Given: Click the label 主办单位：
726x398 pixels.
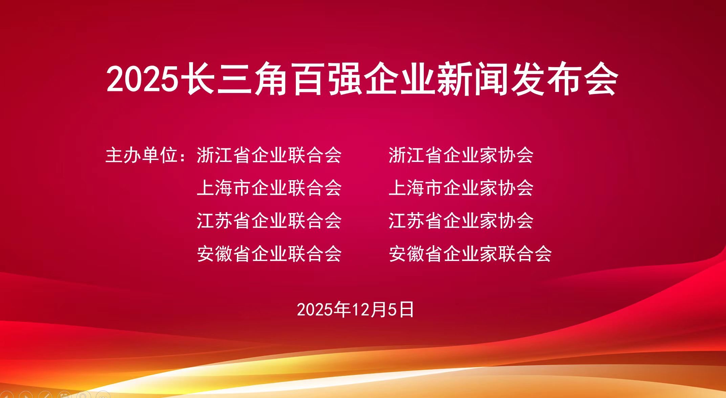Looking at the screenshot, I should (x=146, y=155).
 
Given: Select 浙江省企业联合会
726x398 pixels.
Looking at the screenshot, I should (x=269, y=155).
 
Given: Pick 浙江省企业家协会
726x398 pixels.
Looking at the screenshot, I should (x=461, y=155).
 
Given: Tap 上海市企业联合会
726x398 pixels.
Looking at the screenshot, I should (x=269, y=188).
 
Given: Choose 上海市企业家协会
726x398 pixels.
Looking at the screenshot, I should (x=461, y=188).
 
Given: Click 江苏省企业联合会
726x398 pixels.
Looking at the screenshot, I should (x=269, y=221).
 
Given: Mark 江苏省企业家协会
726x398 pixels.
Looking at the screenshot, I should (x=461, y=221).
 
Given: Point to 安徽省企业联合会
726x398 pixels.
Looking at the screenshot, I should (x=269, y=254).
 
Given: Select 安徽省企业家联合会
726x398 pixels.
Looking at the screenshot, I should (x=470, y=254).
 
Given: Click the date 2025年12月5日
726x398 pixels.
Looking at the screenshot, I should (x=355, y=309).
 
